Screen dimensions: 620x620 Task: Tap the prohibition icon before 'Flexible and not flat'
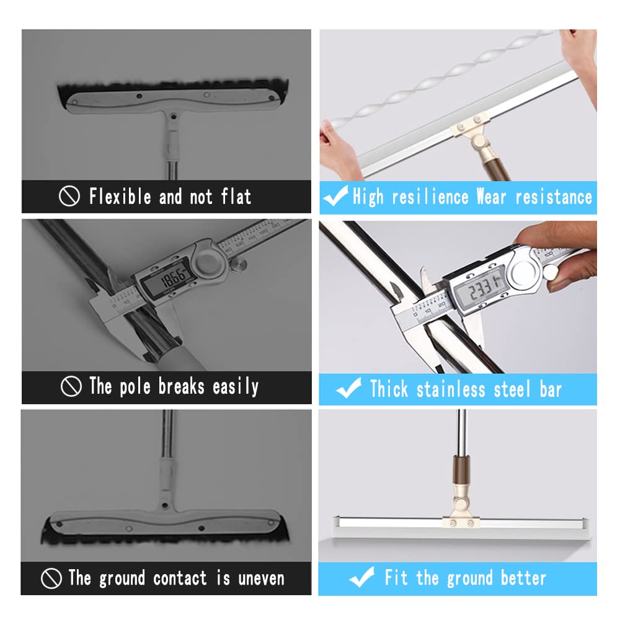pos(69,197)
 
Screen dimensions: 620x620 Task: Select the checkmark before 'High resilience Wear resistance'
pos(335,197)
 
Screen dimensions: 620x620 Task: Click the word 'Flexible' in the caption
pos(120,197)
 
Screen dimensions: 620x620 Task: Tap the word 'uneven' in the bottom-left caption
pos(261,578)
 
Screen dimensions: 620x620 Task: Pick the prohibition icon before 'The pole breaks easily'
pos(71,387)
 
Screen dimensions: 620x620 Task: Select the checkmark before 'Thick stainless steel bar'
pos(348,389)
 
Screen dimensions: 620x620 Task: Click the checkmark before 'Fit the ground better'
pos(361,578)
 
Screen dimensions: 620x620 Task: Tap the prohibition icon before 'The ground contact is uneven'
pos(51,578)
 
